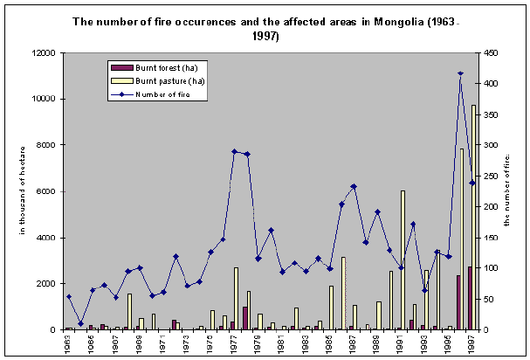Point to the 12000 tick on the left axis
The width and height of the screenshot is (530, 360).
coord(43,53)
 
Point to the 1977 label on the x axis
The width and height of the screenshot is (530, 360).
coord(235,344)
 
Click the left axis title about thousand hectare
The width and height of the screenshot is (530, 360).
coord(23,192)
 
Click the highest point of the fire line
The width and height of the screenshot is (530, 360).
coord(460,73)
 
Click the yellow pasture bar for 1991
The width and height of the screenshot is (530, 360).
coord(403,260)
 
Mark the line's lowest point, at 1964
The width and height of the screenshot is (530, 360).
coord(80,323)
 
